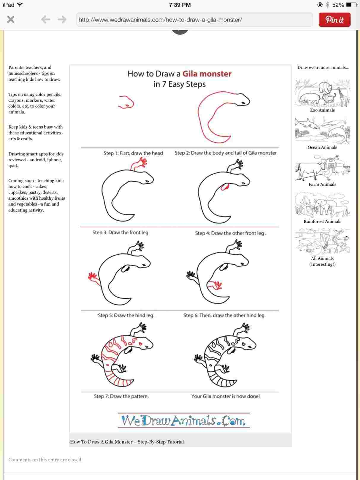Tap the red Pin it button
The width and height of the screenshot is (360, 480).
pos(334,20)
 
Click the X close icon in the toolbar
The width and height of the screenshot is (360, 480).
pos(11,20)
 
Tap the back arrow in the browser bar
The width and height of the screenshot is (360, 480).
pos(45,20)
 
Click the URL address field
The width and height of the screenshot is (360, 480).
pos(194,20)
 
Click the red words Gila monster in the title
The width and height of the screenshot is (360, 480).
pos(207,74)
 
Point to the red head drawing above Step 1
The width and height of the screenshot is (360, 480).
pos(126,102)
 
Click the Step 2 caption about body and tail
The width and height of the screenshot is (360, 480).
pos(226,153)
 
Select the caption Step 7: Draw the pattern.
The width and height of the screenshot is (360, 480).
pos(121,396)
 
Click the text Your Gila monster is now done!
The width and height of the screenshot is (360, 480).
pos(225,396)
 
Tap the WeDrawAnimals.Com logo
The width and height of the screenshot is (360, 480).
pos(183,420)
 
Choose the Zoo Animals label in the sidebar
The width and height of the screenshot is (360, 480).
pos(322,110)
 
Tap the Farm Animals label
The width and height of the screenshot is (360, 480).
pos(322,184)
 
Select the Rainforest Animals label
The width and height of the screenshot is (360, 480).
pos(322,221)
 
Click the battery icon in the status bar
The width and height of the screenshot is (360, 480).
pos(351,5)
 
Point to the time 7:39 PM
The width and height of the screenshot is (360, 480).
pos(180,5)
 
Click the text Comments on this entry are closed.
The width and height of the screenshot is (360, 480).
pos(45,460)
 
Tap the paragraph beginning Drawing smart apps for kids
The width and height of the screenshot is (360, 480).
pos(36,160)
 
